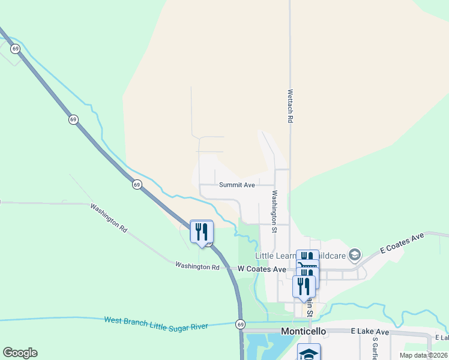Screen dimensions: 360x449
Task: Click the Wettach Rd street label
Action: pyautogui.click(x=290, y=107)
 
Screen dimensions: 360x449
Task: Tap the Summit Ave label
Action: pyautogui.click(x=237, y=185)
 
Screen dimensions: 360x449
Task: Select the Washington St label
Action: pyautogui.click(x=274, y=211)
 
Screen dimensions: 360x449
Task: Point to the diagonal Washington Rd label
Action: pyautogui.click(x=109, y=217)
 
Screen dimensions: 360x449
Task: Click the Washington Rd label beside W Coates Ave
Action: pyautogui.click(x=197, y=266)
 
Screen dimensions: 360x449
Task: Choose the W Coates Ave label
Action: pyautogui.click(x=262, y=269)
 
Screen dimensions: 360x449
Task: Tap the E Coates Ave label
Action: pyautogui.click(x=402, y=244)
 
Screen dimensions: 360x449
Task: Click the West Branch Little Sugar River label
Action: pyautogui.click(x=156, y=322)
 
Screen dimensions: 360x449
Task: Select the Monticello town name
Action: pyautogui.click(x=304, y=331)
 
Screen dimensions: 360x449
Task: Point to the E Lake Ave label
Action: pyautogui.click(x=370, y=332)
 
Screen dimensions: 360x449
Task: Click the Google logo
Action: pyautogui.click(x=20, y=353)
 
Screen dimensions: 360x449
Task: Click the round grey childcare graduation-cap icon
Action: pyautogui.click(x=355, y=256)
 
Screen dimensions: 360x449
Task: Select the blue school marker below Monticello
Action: pyautogui.click(x=309, y=353)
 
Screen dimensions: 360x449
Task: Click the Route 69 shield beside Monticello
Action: pyautogui.click(x=241, y=325)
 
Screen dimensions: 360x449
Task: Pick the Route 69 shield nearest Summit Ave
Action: pyautogui.click(x=137, y=185)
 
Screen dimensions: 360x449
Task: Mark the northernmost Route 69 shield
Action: pyautogui.click(x=15, y=48)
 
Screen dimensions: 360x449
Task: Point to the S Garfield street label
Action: pyautogui.click(x=375, y=348)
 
